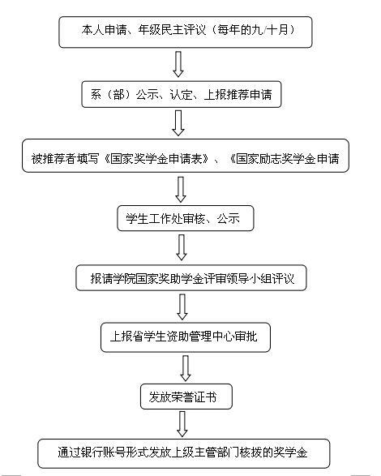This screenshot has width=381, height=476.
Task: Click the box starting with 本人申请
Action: [x=186, y=32]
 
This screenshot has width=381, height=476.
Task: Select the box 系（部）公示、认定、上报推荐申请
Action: [x=182, y=94]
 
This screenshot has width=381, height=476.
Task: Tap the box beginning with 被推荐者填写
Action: [x=186, y=156]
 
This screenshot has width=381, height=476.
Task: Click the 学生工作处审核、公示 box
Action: [x=186, y=218]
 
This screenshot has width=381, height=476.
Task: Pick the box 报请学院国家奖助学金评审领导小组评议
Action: [x=191, y=278]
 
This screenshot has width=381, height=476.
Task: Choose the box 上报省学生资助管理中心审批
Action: [x=186, y=337]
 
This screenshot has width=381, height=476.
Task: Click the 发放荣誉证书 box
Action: [x=186, y=397]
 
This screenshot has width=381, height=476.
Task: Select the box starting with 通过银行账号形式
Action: [x=184, y=453]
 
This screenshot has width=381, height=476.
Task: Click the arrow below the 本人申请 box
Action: [x=178, y=64]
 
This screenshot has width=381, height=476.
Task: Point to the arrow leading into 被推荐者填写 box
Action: [x=178, y=123]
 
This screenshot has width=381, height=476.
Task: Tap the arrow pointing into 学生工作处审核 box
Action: [x=181, y=190]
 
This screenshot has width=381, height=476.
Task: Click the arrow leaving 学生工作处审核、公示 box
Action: [x=182, y=247]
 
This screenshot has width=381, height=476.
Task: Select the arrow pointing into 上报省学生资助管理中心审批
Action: [x=182, y=307]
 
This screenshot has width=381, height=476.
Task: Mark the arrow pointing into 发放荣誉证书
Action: [x=186, y=368]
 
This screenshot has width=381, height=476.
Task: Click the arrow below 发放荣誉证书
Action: [x=182, y=424]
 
